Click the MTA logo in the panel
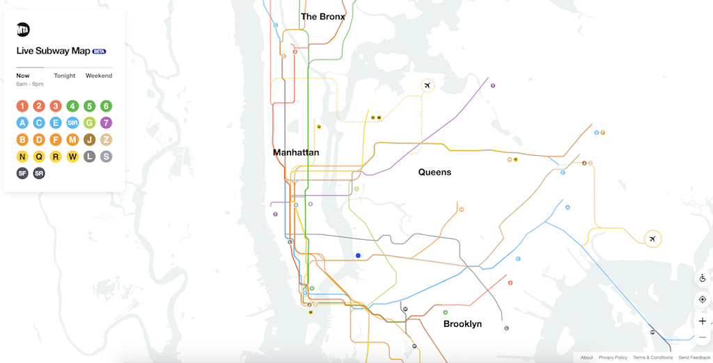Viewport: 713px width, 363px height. pyautogui.click(x=23, y=29)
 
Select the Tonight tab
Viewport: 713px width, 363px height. pyautogui.click(x=65, y=76)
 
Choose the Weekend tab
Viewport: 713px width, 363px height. pyautogui.click(x=99, y=76)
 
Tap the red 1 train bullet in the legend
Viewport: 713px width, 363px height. pyautogui.click(x=22, y=106)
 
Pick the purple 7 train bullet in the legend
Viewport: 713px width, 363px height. pyautogui.click(x=106, y=123)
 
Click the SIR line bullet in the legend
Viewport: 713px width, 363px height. pyautogui.click(x=72, y=123)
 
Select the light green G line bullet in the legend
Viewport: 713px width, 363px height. pyautogui.click(x=89, y=123)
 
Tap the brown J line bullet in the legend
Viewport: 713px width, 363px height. pyautogui.click(x=89, y=140)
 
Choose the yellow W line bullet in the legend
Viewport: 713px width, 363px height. pyautogui.click(x=72, y=156)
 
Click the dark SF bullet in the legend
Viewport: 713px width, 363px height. pyautogui.click(x=22, y=173)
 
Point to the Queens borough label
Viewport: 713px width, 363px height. pyautogui.click(x=434, y=172)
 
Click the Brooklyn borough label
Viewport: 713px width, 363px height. pyautogui.click(x=462, y=324)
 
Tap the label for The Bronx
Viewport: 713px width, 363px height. pyautogui.click(x=322, y=17)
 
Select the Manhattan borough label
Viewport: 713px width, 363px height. pyautogui.click(x=296, y=152)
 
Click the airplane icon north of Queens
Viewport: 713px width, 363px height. pyautogui.click(x=428, y=86)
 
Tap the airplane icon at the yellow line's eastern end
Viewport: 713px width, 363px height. pyautogui.click(x=652, y=239)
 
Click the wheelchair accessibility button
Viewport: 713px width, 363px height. pyautogui.click(x=702, y=278)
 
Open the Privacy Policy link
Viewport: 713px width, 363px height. pyautogui.click(x=613, y=357)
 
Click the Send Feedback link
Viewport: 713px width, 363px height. pyautogui.click(x=694, y=357)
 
